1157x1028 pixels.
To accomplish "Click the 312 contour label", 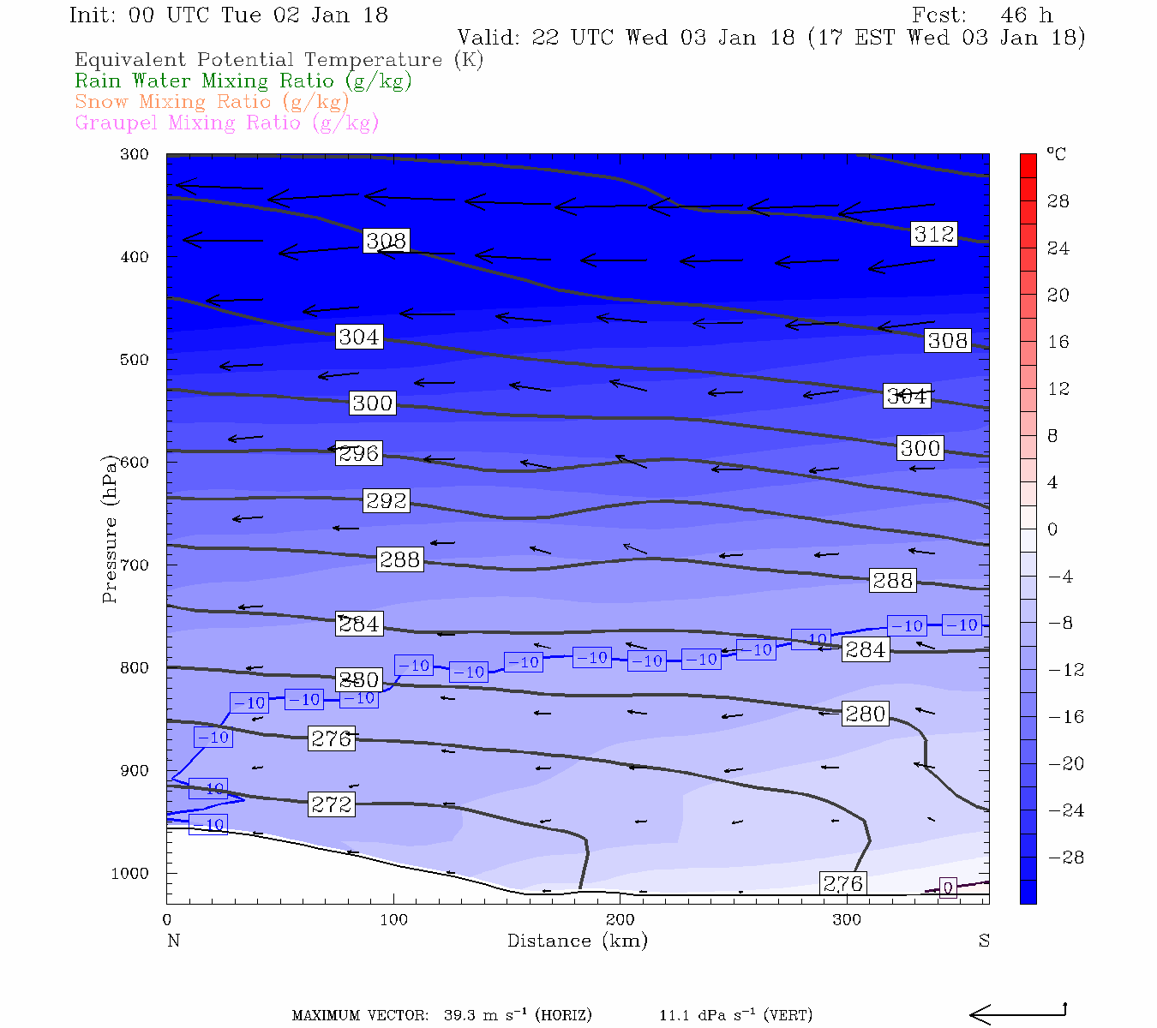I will tap(933, 234).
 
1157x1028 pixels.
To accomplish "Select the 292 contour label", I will tap(386, 500).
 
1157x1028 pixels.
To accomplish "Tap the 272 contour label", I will tap(332, 804).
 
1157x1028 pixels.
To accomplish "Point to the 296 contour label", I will tap(358, 453).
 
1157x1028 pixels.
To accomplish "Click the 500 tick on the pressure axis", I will tap(135, 360).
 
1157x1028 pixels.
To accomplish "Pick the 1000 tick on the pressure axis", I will tap(130, 874).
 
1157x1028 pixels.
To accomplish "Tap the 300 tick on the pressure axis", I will tap(135, 154).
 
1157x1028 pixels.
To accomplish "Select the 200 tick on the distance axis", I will tap(620, 920).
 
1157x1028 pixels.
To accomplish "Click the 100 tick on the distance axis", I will tap(394, 920).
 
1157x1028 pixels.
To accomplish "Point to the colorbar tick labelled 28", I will tap(1058, 201).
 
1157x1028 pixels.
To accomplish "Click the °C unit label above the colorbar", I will tap(1056, 154).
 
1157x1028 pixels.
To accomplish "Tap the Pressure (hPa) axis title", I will tap(110, 531).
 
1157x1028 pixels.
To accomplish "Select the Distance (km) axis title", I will tap(578, 941).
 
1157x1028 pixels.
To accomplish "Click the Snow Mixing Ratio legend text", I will tap(213, 102).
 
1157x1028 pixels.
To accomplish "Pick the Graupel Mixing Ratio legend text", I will tap(227, 123).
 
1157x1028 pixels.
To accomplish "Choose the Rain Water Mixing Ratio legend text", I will tap(243, 81).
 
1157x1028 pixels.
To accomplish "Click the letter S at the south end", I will tap(984, 941).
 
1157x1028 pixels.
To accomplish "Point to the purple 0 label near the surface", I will tap(948, 888).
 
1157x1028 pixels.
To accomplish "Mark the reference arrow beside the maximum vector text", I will tap(1017, 1014).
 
